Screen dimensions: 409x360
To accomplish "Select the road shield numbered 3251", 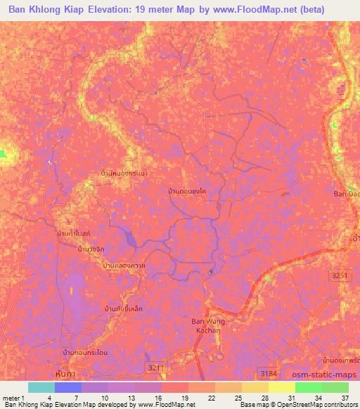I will (x=340, y=276).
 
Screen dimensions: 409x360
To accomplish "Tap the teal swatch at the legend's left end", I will (x=41, y=387).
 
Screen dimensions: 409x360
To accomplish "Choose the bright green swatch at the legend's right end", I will (x=335, y=387).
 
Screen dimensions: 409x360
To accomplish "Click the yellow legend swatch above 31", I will (x=281, y=387).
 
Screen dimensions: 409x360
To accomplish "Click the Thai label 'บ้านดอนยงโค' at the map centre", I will (x=187, y=190).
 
